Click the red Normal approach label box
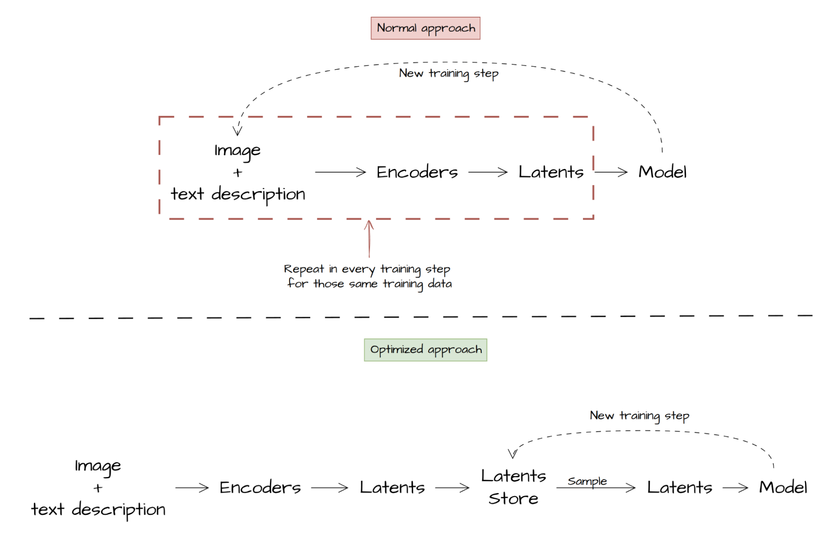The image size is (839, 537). [425, 28]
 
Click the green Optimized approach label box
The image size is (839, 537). [425, 349]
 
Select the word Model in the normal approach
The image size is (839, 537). [662, 172]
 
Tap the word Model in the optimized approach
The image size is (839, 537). [782, 487]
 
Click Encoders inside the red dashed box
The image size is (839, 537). [417, 172]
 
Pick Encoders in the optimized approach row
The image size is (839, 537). [260, 487]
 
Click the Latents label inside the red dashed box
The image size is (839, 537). [551, 172]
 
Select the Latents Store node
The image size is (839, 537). [513, 487]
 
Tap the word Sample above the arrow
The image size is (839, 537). [587, 481]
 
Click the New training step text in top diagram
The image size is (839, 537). [448, 73]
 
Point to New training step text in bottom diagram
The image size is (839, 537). [639, 415]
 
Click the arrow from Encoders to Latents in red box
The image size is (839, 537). [488, 172]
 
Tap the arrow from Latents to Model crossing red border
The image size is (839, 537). [611, 172]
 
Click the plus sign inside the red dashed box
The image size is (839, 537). [238, 172]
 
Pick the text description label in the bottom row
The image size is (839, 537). [98, 509]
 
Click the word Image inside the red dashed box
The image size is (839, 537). [237, 151]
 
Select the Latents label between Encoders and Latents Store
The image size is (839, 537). [392, 487]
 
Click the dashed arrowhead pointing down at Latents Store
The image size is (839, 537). [512, 454]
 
